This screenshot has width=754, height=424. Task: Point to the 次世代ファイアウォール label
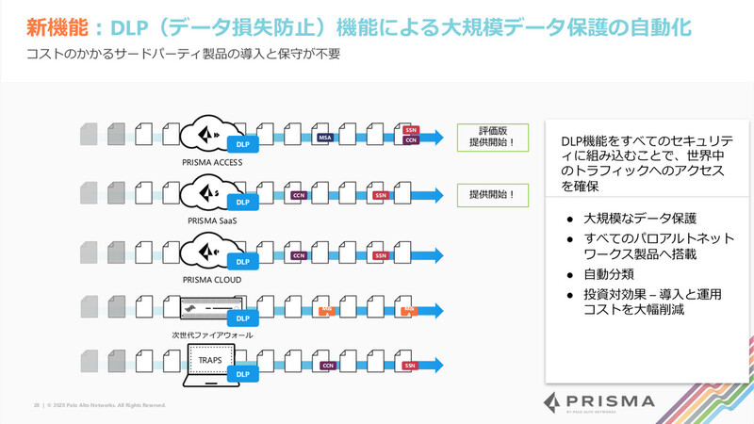[212, 334]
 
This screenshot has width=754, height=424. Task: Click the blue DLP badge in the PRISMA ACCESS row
[242, 144]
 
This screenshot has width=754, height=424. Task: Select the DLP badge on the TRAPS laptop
[242, 374]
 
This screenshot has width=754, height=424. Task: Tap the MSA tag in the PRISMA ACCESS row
[325, 139]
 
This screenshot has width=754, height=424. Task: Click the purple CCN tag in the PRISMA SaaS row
[299, 196]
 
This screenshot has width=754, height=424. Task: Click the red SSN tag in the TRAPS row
[410, 365]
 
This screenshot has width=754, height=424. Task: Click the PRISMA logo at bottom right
[599, 402]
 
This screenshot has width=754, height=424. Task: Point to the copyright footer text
[99, 405]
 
